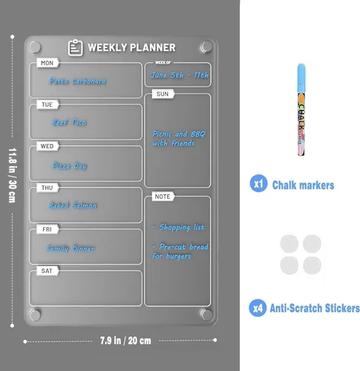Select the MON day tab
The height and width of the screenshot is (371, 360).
click(x=47, y=64)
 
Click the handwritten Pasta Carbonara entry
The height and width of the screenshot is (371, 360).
click(x=78, y=81)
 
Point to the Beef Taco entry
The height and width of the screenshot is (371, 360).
click(x=71, y=122)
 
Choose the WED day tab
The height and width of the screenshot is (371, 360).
click(x=47, y=147)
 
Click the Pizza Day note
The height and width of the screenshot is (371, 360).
click(x=71, y=165)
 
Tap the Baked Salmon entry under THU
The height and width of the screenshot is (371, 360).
click(x=74, y=206)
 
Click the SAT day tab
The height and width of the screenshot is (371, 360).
click(x=47, y=272)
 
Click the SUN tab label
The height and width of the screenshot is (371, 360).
click(x=163, y=94)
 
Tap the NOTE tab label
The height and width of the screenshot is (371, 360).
click(x=163, y=197)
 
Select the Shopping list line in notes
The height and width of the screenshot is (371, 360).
click(x=178, y=227)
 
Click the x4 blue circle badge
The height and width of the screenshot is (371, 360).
click(x=258, y=307)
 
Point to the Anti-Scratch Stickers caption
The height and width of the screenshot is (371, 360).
click(x=315, y=307)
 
